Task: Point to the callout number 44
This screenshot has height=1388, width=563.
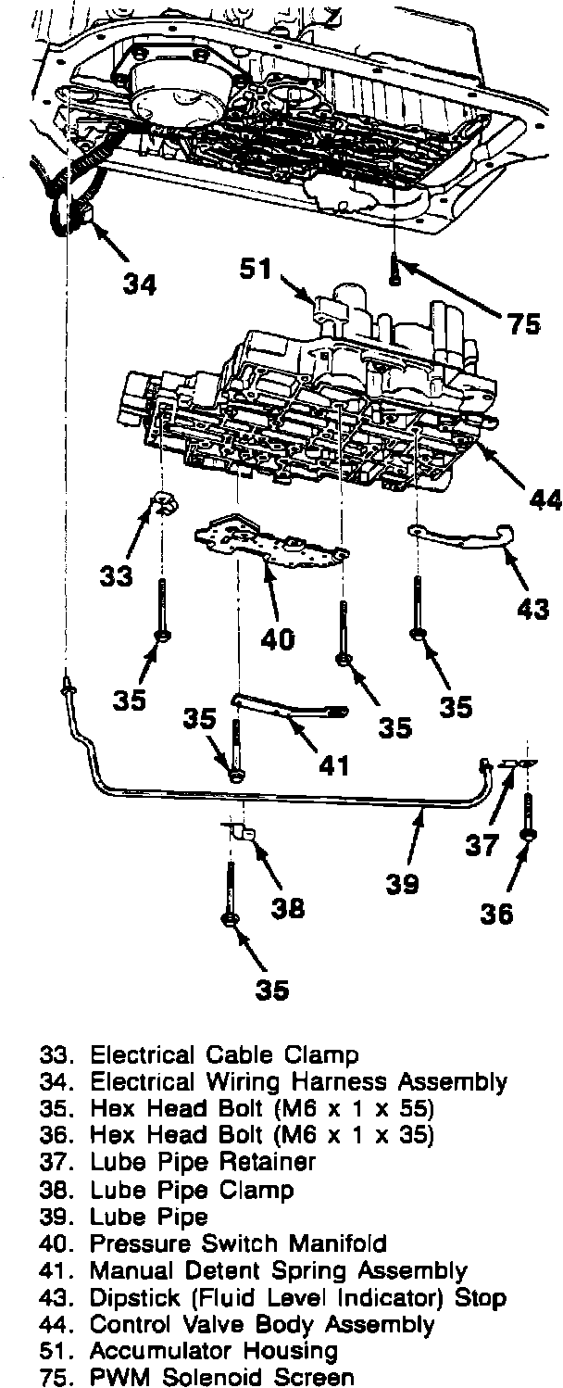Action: coord(545,500)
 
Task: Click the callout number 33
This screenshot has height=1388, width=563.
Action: coord(117,576)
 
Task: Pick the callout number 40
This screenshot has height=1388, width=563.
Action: coord(277,638)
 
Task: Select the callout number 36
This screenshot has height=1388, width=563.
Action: coord(496,914)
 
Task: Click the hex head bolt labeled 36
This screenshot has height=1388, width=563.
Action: coord(527,815)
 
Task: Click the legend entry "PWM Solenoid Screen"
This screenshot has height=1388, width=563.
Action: coord(221,1377)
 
